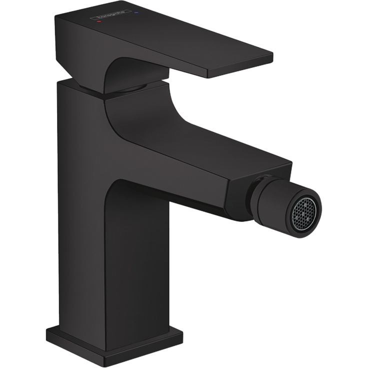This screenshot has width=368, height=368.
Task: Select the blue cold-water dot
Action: (x=137, y=9)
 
